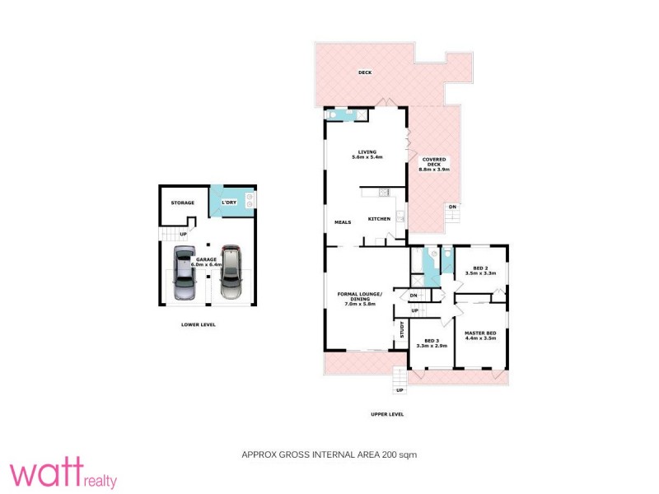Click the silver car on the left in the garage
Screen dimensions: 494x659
pos(185,274)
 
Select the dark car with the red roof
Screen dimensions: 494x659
pos(231,273)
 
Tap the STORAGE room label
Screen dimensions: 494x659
pos(182,203)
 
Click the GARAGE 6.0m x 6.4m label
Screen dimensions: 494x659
pos(206,263)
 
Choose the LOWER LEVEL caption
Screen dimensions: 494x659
pos(198,324)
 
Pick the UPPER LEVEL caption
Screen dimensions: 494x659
pos(386,414)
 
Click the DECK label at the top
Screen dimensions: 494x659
pos(365,72)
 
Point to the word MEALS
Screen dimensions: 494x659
pos(343,222)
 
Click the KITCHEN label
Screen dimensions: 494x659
pos(379,218)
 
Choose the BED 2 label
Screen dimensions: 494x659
pos(480,269)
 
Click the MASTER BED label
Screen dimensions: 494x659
pos(480,334)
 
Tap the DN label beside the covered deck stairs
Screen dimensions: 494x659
pos(451,207)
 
